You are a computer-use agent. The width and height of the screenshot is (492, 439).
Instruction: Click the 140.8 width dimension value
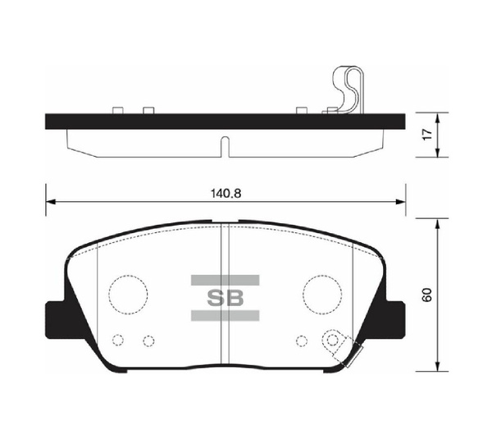225,193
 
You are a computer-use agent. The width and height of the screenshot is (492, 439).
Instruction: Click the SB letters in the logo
225,296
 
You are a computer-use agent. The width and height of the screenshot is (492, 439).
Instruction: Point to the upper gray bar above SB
225,280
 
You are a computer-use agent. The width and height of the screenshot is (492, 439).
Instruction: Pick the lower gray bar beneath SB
225,314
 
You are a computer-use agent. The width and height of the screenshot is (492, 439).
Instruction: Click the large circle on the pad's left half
128,291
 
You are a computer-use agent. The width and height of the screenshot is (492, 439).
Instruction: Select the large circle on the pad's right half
321,291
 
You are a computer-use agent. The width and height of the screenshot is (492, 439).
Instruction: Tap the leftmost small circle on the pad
117,341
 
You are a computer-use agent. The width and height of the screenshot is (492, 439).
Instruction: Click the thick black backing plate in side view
164,121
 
